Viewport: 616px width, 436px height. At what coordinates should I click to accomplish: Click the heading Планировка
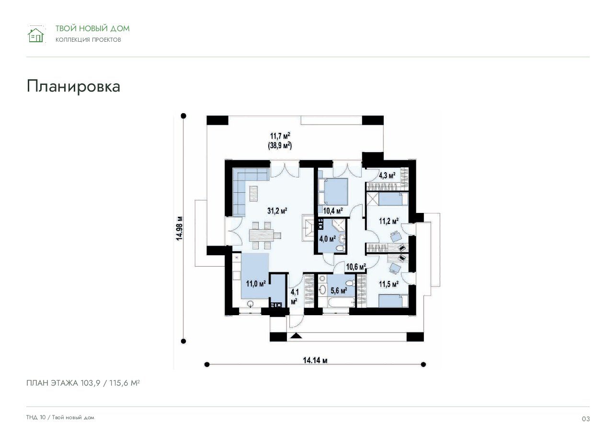click(x=73, y=86)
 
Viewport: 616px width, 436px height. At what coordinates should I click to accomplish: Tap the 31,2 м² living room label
click(x=277, y=211)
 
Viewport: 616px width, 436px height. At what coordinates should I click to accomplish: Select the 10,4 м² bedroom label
click(x=333, y=211)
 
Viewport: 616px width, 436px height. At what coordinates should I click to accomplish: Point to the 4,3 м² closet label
click(x=387, y=176)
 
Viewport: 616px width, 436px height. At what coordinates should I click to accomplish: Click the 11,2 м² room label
click(x=389, y=221)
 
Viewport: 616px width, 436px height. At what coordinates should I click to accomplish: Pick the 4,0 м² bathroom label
click(x=327, y=239)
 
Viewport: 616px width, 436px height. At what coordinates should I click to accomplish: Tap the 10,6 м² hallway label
click(x=356, y=267)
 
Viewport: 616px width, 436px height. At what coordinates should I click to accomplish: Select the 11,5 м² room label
click(x=389, y=284)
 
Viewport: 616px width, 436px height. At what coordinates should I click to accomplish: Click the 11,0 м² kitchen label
click(x=256, y=283)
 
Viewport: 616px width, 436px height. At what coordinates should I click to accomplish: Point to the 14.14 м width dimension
click(x=315, y=360)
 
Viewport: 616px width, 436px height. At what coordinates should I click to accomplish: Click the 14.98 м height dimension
click(x=179, y=228)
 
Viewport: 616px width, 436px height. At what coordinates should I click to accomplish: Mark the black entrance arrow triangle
click(x=296, y=336)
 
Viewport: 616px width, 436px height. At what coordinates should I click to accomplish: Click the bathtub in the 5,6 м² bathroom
click(x=341, y=302)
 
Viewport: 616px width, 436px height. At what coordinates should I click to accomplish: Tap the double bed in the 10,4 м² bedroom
click(x=333, y=191)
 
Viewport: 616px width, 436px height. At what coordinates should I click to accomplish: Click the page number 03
click(x=586, y=419)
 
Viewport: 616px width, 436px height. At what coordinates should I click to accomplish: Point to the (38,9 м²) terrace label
click(x=280, y=145)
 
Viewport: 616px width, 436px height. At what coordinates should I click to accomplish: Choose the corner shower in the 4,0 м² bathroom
click(x=338, y=225)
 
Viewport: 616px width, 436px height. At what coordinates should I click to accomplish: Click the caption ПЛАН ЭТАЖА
click(x=52, y=383)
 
